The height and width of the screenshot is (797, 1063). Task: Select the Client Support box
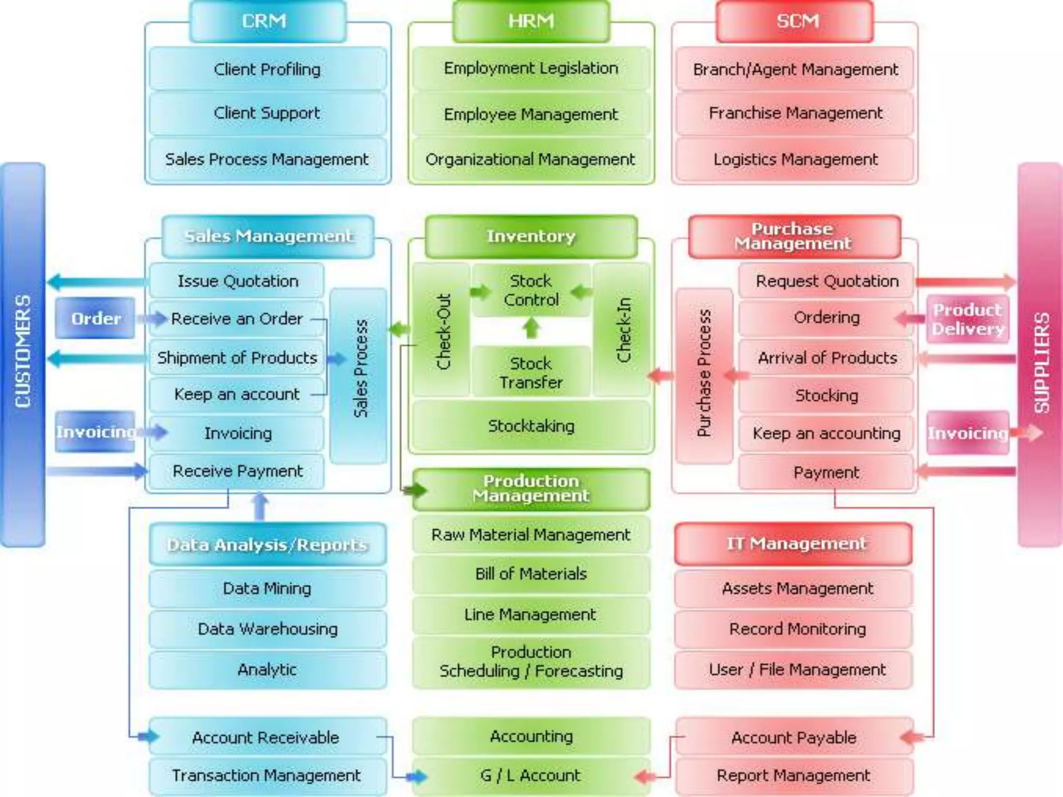267,113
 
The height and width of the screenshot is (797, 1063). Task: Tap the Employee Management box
530,114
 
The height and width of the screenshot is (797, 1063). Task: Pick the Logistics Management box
795,159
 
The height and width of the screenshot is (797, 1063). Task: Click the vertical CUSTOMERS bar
23,353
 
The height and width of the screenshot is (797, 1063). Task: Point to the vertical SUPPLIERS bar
1040,353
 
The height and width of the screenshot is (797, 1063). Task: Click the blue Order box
96,318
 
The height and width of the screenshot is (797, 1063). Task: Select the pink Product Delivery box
967,319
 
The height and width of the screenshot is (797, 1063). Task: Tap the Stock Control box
530,290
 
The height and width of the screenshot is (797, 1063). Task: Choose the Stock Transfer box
530,372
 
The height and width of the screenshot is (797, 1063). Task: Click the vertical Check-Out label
442,331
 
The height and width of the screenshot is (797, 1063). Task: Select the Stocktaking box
530,426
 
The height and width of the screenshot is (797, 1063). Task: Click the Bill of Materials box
530,573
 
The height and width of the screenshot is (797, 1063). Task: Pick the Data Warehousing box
267,629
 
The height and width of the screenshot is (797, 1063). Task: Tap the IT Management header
794,544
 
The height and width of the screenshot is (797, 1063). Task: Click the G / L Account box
530,775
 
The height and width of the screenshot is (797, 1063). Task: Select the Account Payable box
794,737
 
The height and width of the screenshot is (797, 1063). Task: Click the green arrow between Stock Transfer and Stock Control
530,328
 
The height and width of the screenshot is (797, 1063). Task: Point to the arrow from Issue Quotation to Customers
97,282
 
